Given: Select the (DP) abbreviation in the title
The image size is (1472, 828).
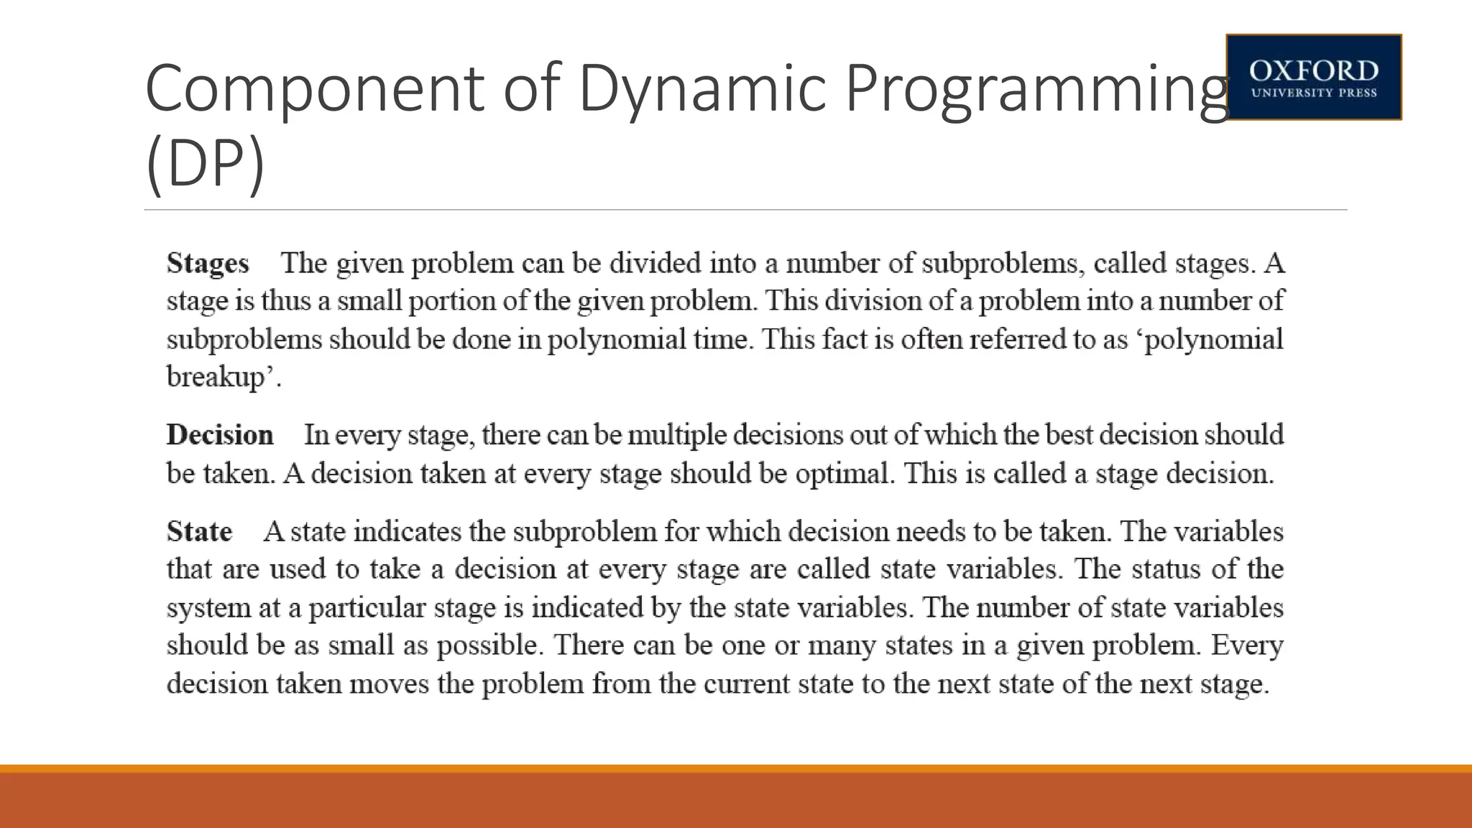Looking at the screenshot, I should (x=205, y=165).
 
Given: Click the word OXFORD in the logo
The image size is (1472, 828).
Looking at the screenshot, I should (x=1313, y=70).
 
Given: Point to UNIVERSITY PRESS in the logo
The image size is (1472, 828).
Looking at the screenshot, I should (x=1313, y=93).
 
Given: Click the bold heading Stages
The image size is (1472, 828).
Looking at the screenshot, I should (x=208, y=263).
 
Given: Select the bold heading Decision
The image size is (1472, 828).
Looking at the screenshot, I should (x=220, y=435).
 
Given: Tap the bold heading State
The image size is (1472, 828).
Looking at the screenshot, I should (x=199, y=531).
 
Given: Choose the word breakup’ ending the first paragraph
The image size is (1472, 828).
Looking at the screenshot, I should (x=221, y=377).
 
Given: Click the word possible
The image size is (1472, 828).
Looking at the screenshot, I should (x=488, y=645).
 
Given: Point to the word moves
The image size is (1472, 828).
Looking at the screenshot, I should (x=389, y=684).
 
